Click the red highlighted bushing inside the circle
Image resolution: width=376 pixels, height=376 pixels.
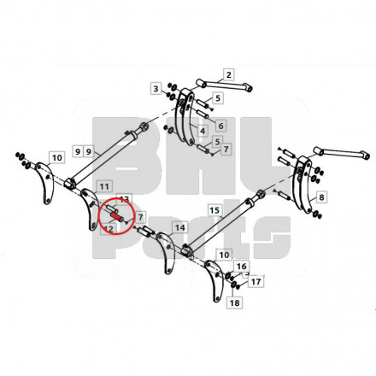pyautogui.click(x=115, y=216)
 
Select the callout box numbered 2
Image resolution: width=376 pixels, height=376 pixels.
pyautogui.click(x=228, y=75)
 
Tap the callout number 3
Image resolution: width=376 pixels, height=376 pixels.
pyautogui.click(x=156, y=89)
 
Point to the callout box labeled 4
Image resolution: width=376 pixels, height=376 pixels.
pyautogui.click(x=203, y=131)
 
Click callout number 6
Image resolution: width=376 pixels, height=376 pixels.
pyautogui.click(x=220, y=126)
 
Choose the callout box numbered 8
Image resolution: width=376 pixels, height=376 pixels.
pyautogui.click(x=321, y=197)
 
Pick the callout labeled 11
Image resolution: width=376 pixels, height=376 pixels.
pyautogui.click(x=104, y=186)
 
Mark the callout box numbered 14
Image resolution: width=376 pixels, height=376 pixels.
pyautogui.click(x=179, y=227)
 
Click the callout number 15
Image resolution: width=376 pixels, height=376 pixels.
pyautogui.click(x=214, y=210)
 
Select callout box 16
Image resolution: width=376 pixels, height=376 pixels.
pyautogui.click(x=241, y=267)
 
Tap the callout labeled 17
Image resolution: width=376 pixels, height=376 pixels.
pyautogui.click(x=256, y=281)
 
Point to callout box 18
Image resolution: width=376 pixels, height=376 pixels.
pyautogui.click(x=234, y=303)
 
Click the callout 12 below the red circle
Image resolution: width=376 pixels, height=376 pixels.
pyautogui.click(x=109, y=229)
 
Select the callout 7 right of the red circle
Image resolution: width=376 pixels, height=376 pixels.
pyautogui.click(x=140, y=217)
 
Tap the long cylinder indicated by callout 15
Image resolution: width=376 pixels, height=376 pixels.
pyautogui.click(x=224, y=224)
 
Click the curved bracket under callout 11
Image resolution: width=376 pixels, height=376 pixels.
pyautogui.click(x=90, y=209)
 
